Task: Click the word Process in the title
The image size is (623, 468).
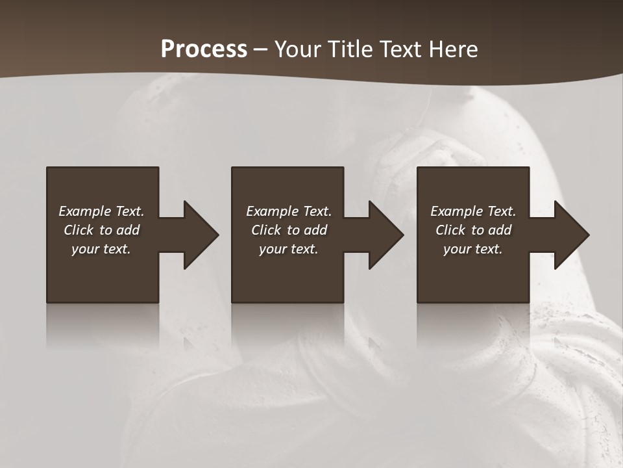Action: (x=204, y=49)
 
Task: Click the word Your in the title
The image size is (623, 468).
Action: (x=299, y=49)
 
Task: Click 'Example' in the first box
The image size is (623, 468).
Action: (x=85, y=211)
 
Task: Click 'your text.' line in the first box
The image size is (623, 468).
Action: (x=101, y=249)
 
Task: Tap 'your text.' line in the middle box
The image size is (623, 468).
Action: (x=289, y=249)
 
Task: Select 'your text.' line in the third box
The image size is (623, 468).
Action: (x=473, y=249)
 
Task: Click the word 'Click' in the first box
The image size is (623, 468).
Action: (x=79, y=230)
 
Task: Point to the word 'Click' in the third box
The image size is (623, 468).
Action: (x=450, y=230)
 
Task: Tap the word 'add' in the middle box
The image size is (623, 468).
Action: (x=315, y=230)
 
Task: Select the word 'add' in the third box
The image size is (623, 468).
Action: (x=500, y=230)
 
